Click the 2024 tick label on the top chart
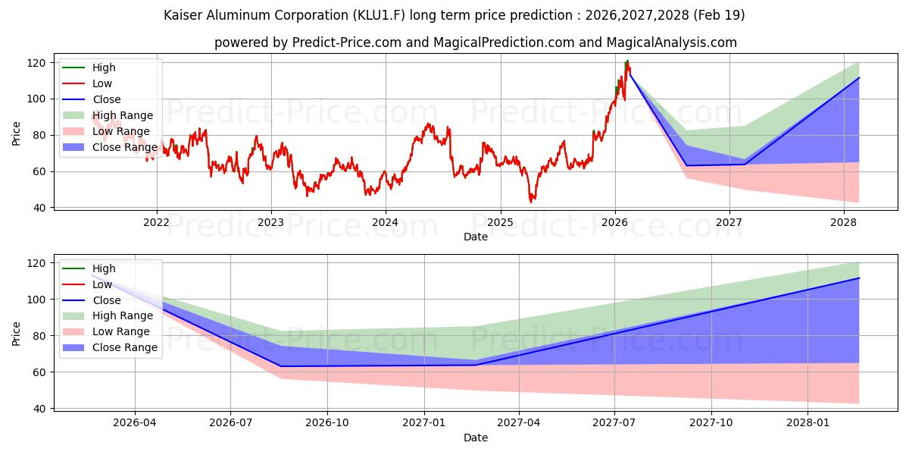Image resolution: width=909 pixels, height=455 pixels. click(385, 222)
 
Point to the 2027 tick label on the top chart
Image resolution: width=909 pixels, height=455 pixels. click(729, 222)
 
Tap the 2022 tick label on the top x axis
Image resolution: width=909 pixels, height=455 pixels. click(156, 222)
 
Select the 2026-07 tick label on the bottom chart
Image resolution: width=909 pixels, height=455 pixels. click(230, 423)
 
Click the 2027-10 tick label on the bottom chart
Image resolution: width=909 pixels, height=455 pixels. click(711, 423)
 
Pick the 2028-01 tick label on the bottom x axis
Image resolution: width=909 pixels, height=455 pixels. click(807, 423)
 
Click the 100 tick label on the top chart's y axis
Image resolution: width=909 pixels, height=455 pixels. click(36, 99)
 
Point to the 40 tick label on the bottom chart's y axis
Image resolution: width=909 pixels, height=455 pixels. click(39, 409)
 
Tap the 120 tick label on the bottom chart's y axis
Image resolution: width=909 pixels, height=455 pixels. click(36, 263)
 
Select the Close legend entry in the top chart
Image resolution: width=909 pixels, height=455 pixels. click(107, 99)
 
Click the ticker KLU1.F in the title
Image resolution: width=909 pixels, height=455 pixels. click(379, 15)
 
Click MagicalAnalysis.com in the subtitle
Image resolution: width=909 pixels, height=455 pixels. click(672, 42)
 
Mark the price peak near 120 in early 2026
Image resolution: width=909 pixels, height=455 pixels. click(627, 61)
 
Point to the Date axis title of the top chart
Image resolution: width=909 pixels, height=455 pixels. click(476, 237)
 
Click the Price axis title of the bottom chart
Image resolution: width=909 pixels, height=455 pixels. click(16, 334)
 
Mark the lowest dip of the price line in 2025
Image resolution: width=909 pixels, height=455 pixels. click(531, 202)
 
